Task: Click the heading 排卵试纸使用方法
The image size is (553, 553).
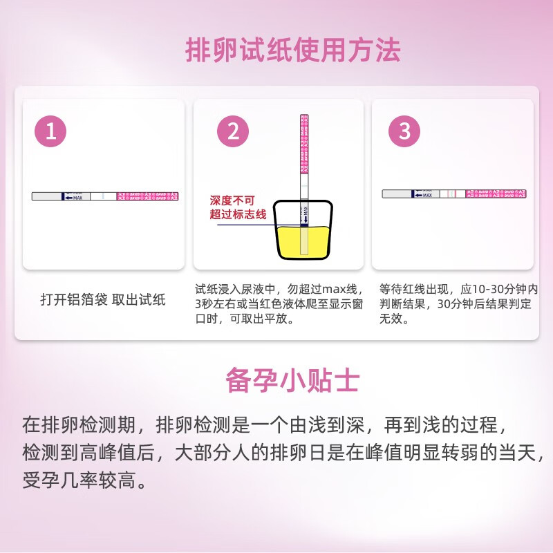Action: coord(292,50)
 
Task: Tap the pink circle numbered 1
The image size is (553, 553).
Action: coord(50,131)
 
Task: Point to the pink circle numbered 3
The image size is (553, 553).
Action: coord(405,131)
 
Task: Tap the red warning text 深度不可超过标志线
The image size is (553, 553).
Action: coord(238,207)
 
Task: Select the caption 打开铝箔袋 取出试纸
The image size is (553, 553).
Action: coord(103,299)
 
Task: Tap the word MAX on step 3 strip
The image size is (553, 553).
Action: coord(427,196)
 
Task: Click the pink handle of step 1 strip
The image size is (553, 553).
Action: coord(148,196)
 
